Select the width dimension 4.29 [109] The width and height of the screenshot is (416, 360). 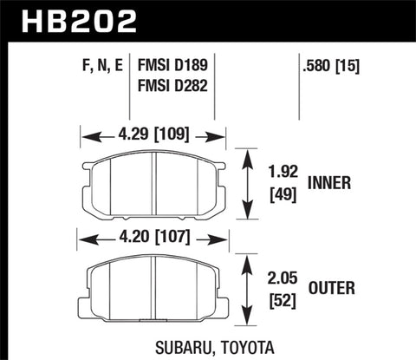point(153,134)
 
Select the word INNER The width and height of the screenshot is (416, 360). point(331,183)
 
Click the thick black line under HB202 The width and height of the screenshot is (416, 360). point(208,40)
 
